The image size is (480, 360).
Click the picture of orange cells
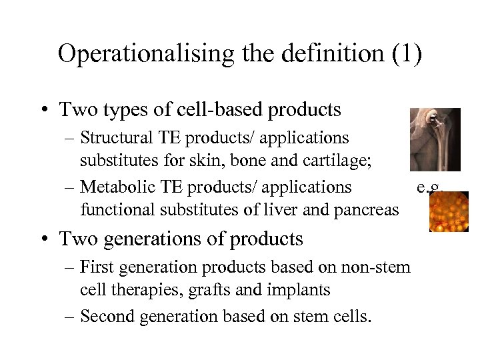tap(449, 211)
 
